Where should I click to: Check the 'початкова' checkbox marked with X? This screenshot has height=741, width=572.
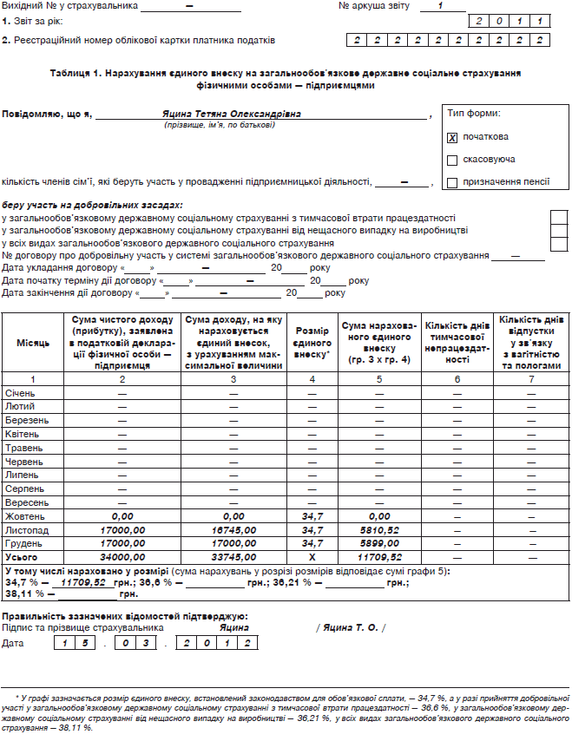pyautogui.click(x=452, y=138)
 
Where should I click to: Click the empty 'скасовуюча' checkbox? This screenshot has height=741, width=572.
pyautogui.click(x=452, y=161)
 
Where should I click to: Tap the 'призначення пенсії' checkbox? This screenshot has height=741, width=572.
pyautogui.click(x=452, y=182)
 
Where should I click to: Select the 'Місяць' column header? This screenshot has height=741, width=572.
pyautogui.click(x=33, y=344)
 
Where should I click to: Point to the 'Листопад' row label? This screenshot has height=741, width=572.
pyautogui.click(x=27, y=529)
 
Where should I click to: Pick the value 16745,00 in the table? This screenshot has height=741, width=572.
pyautogui.click(x=233, y=529)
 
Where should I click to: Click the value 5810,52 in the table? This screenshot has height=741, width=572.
pyautogui.click(x=378, y=529)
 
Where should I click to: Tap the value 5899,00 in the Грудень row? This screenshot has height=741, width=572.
pyautogui.click(x=378, y=543)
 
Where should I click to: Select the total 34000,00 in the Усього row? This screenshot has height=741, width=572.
pyautogui.click(x=123, y=556)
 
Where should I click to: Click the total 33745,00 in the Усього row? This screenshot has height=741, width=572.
pyautogui.click(x=233, y=556)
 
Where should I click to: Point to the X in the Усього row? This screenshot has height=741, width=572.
pyautogui.click(x=312, y=556)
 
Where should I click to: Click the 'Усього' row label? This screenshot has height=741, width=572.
pyautogui.click(x=23, y=556)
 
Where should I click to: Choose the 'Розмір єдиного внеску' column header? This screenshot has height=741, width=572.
pyautogui.click(x=312, y=344)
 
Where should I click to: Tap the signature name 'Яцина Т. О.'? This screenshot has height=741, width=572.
pyautogui.click(x=351, y=627)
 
